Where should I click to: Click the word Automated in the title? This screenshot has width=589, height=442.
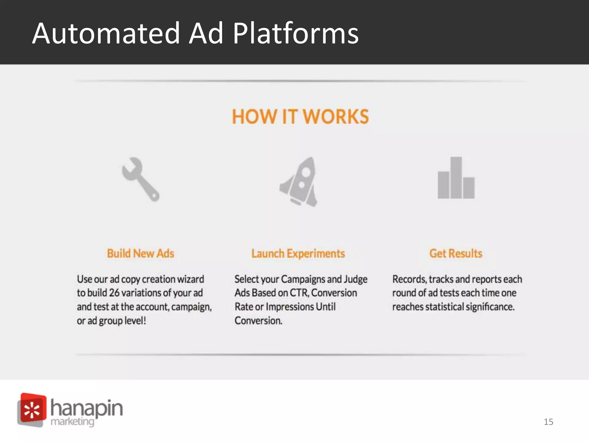106,34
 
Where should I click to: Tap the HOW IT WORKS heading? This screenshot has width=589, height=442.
300,117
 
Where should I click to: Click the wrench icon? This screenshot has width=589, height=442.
140,179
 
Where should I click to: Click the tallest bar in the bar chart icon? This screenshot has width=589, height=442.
456,178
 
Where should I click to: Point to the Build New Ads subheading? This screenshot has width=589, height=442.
141,254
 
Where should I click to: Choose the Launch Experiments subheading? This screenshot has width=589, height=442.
298,254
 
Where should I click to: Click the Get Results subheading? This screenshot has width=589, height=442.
456,254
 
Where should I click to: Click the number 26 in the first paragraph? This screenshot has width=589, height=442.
114,293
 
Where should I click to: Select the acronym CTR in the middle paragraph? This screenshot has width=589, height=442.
299,293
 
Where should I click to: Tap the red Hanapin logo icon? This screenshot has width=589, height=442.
32,409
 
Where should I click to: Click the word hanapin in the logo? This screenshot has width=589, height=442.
87,408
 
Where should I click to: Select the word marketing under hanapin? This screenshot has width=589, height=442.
72,422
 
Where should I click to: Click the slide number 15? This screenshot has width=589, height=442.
548,422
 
